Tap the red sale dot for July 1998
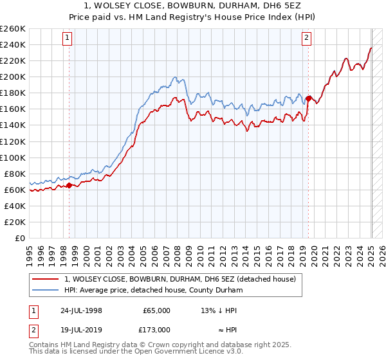(x=69, y=186)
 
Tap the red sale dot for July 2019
(x=309, y=98)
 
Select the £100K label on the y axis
(x=14, y=157)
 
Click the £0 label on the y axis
(x=21, y=238)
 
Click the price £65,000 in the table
(x=157, y=310)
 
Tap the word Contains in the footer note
(x=45, y=346)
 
